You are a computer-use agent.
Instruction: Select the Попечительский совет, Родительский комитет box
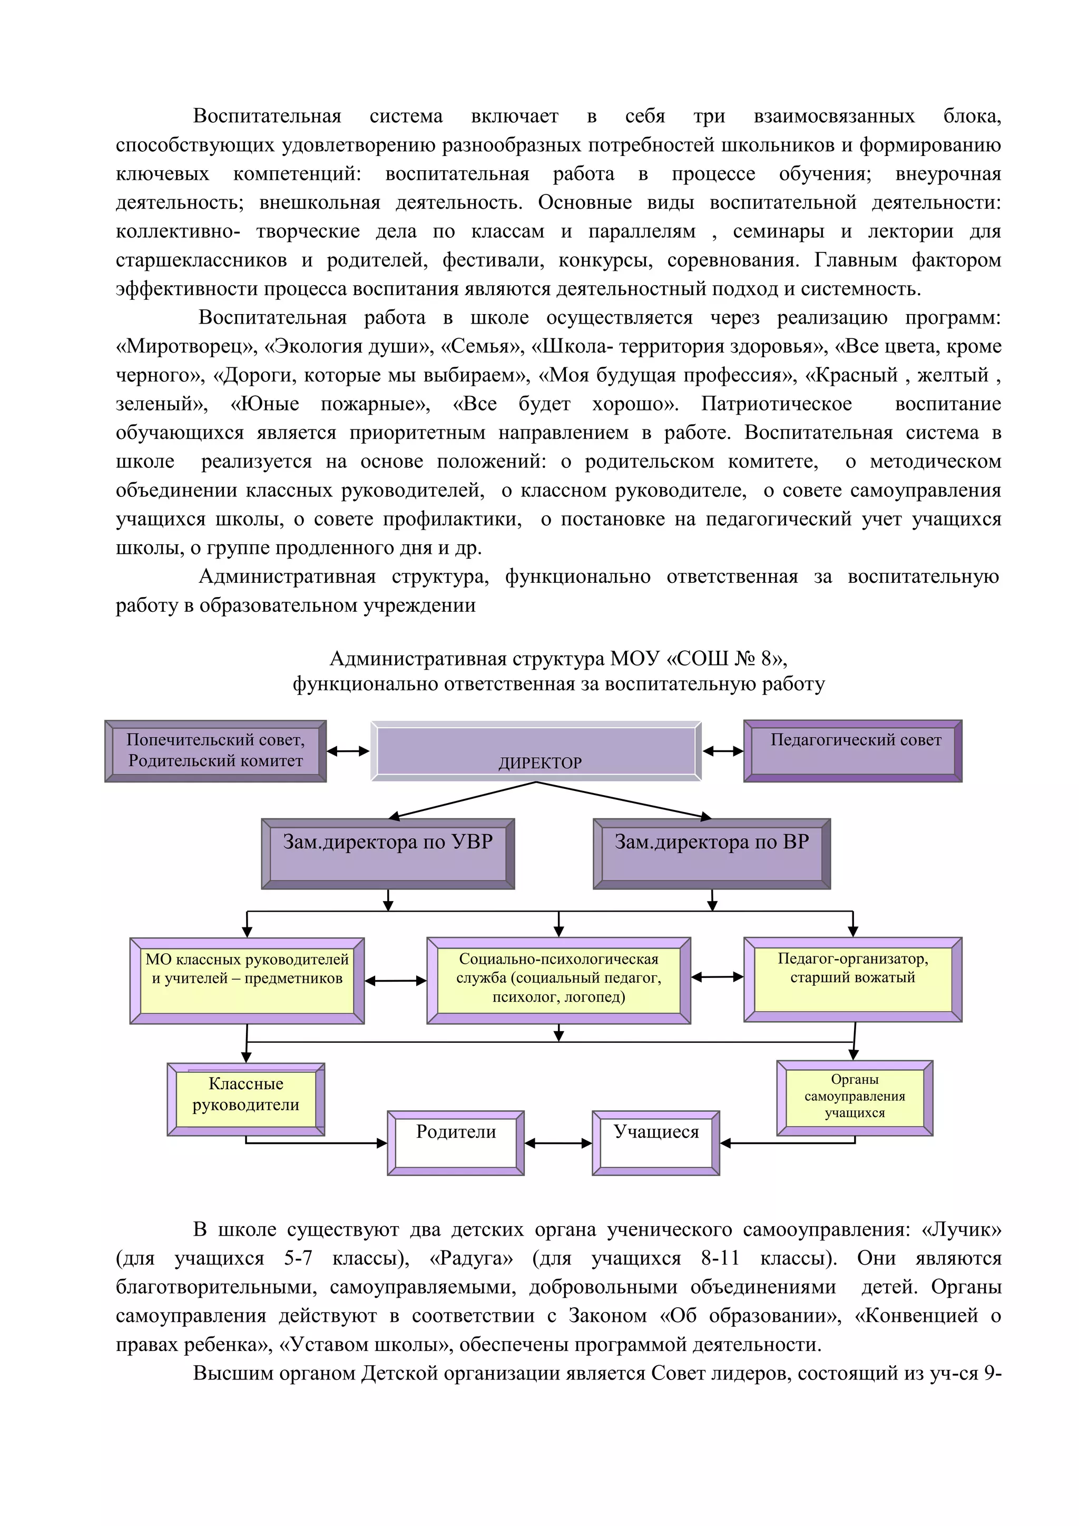point(215,751)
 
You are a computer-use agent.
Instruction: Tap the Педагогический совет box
point(852,751)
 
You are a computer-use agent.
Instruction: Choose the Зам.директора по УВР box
point(388,854)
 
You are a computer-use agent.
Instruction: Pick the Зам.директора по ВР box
point(712,854)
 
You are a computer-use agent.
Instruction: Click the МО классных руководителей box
point(247,980)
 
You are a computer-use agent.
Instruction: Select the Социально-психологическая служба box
point(559,980)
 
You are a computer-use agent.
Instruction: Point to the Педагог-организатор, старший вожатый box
point(852,979)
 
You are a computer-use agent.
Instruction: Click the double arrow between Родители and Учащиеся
point(558,1143)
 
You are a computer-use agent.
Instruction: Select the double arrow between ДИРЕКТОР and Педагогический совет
point(723,751)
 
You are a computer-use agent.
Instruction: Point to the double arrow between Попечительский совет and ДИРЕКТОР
point(348,751)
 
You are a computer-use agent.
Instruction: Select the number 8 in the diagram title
point(767,659)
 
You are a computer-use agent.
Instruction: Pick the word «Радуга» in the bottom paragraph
point(471,1258)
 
